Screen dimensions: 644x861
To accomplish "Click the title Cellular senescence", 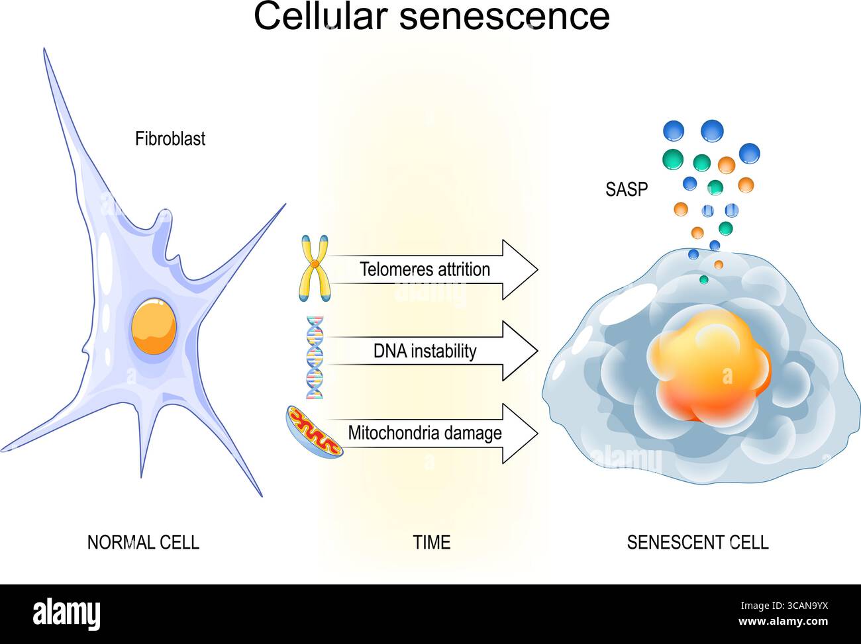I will tap(431, 17).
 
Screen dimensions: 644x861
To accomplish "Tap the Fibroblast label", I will tap(170, 139).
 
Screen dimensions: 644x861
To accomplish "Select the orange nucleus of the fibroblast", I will tap(154, 327).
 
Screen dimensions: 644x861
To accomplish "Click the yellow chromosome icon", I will tap(315, 268).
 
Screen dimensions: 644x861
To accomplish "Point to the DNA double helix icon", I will tap(315, 357).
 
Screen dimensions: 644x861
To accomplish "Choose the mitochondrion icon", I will tap(315, 431).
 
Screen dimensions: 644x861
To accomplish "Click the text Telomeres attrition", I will tap(425, 269).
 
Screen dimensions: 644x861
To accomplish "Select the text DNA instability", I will tap(425, 351).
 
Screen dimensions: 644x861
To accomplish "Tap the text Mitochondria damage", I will tap(425, 434).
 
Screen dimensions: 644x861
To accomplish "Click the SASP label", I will tap(627, 190).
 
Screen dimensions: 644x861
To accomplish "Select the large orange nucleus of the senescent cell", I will tap(709, 367).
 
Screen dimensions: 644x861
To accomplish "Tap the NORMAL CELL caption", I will tap(143, 543).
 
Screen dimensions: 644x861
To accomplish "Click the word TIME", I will tap(432, 543).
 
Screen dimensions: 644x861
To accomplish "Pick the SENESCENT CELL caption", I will tap(697, 543).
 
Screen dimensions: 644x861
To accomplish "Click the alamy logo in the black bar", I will tap(67, 614).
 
